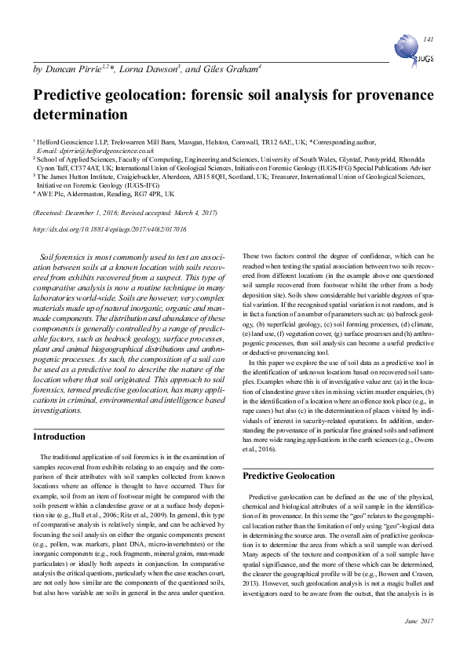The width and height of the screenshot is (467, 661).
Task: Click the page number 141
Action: (x=428, y=38)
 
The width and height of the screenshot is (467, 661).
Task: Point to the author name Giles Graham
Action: (x=232, y=71)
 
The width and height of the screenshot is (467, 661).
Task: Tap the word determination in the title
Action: (x=80, y=115)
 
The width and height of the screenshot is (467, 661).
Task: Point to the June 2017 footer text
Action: (x=418, y=643)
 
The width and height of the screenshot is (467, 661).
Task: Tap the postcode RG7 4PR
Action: (x=149, y=193)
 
